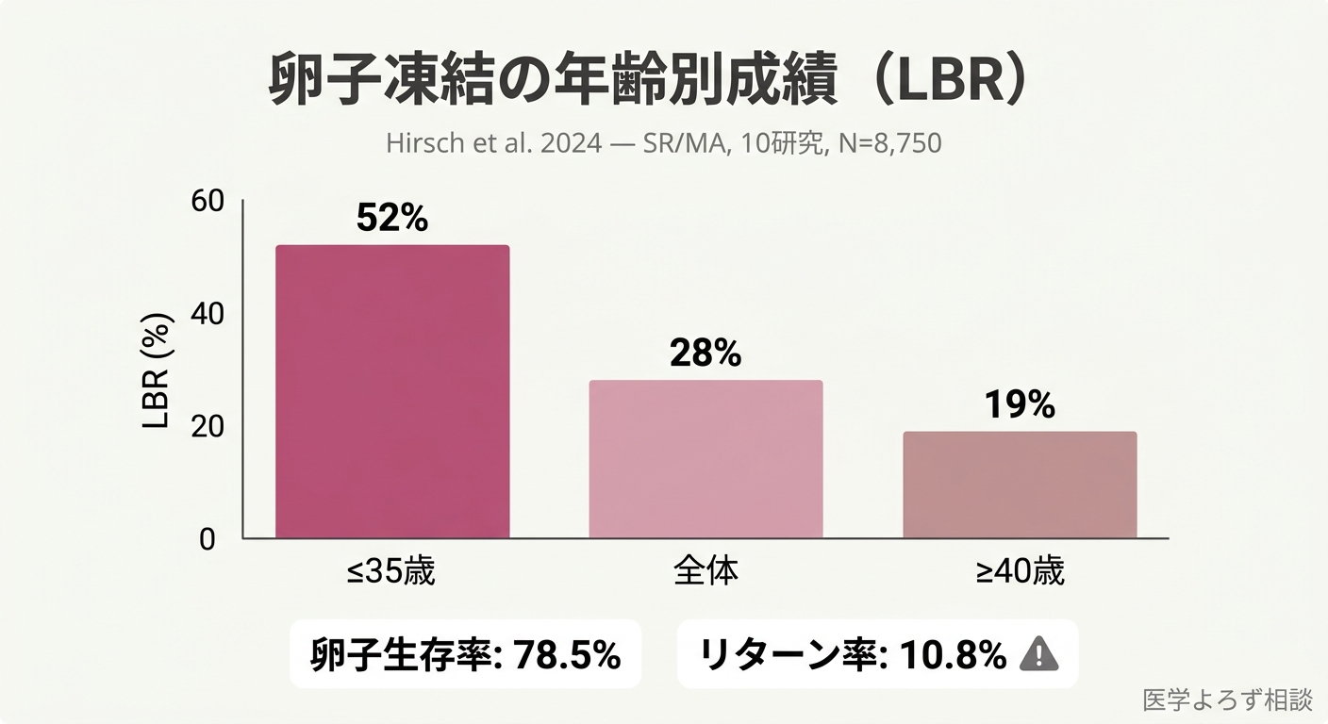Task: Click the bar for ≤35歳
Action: coord(392,392)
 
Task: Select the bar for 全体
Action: coord(705,459)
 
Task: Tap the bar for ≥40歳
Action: coord(1020,485)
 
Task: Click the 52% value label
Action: coord(392,218)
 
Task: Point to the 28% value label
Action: coord(705,353)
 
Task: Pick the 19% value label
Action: coord(1020,404)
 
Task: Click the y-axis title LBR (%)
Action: coord(157,370)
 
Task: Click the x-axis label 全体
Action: coord(705,571)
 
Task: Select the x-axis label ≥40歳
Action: coord(1020,571)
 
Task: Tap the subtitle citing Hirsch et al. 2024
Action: coord(663,144)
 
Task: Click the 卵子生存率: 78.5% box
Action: coord(466,653)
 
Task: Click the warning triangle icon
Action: coord(1038,653)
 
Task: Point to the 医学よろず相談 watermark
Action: coord(1227,699)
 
